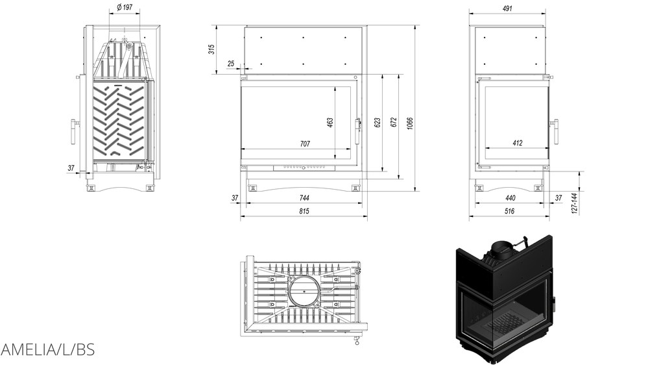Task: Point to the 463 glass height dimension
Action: [330, 123]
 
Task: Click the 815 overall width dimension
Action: [304, 212]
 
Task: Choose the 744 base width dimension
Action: [304, 197]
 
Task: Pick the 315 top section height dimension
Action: [211, 49]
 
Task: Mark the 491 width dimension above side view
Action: [507, 8]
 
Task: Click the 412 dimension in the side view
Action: [517, 144]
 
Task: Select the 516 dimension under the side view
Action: [509, 212]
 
